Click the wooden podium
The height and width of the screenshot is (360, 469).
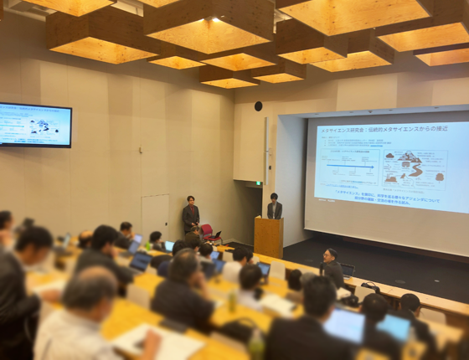(x=268, y=237)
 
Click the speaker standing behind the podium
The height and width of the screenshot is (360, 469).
(x=274, y=207)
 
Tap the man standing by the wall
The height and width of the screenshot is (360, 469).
(x=191, y=214)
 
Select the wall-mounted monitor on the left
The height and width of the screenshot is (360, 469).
(x=35, y=125)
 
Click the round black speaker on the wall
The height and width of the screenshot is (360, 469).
(x=258, y=106)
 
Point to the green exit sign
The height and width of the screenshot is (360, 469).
(x=259, y=182)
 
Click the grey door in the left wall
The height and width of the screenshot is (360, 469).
(x=155, y=216)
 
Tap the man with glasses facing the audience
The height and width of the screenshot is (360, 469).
(x=332, y=268)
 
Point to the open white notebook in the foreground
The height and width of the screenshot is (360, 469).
(x=159, y=342)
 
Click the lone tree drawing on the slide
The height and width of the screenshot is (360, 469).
(x=441, y=177)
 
